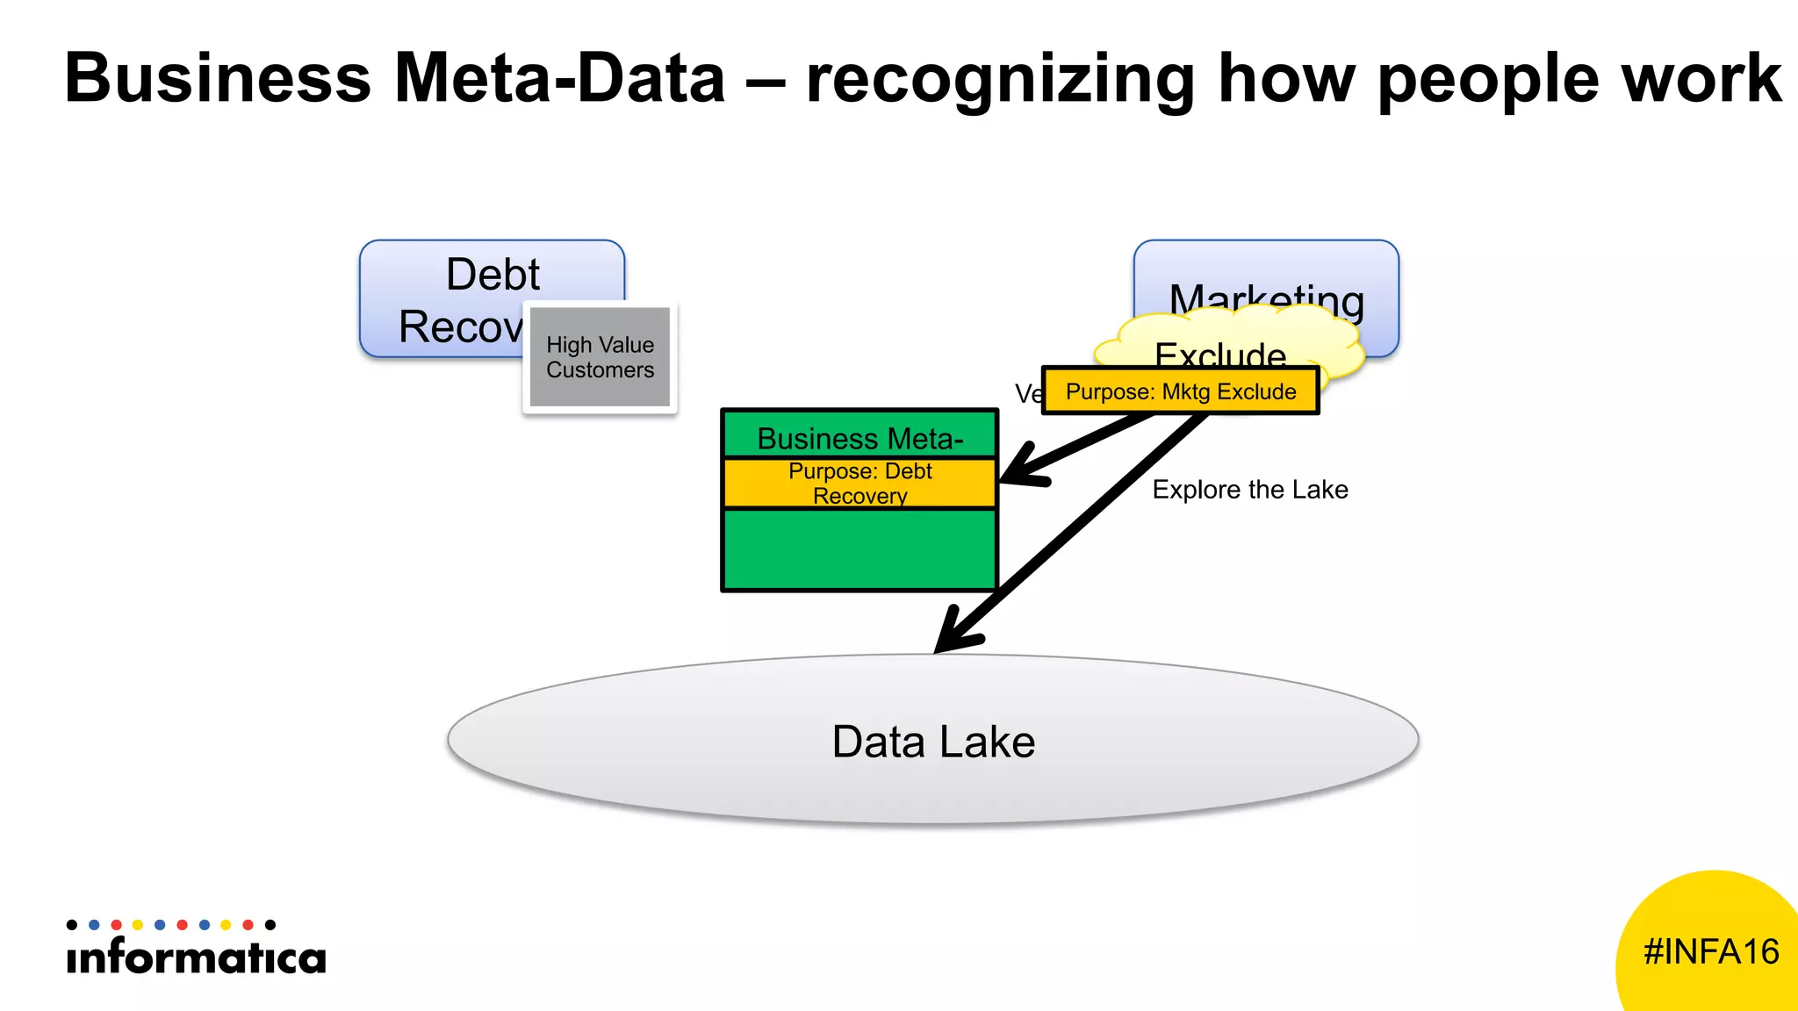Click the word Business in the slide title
218,79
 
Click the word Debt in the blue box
493,275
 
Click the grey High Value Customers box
601,357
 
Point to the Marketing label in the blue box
1266,298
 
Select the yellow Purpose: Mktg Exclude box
1180,391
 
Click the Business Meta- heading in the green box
859,438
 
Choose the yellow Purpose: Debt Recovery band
859,484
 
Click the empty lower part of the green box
859,549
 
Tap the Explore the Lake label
1249,490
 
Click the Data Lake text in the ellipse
933,742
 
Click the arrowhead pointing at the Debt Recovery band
1018,472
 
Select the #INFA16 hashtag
1710,952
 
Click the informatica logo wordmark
196,957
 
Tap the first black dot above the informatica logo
72,925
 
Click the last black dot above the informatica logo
270,925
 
